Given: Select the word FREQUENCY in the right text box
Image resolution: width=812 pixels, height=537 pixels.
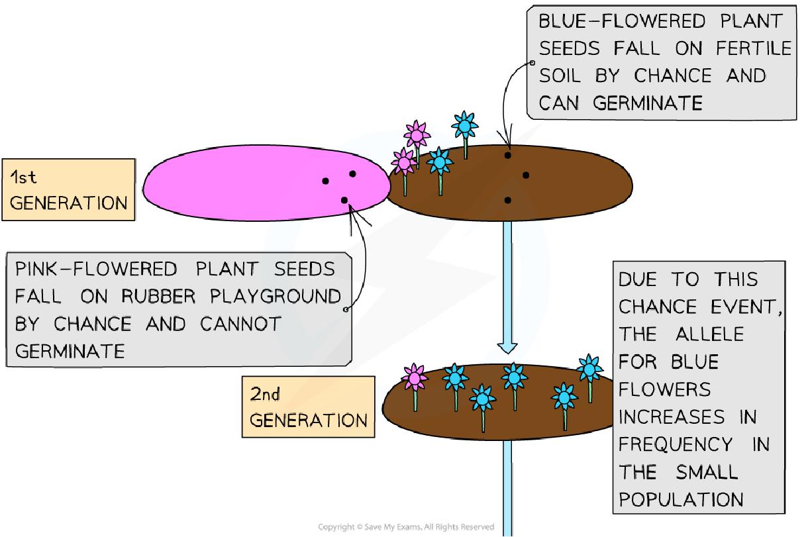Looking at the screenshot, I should coord(675,444).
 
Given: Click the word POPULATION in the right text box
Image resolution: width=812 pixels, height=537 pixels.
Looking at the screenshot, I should coord(676,499).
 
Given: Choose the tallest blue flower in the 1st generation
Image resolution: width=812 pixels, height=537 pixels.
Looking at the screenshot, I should coord(465,124).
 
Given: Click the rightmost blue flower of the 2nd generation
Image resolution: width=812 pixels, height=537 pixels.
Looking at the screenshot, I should coord(589,367).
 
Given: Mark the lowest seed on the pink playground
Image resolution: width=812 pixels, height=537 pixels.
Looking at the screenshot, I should coord(344,200).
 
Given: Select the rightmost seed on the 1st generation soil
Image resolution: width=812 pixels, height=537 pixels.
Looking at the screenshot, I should coord(526,175).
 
